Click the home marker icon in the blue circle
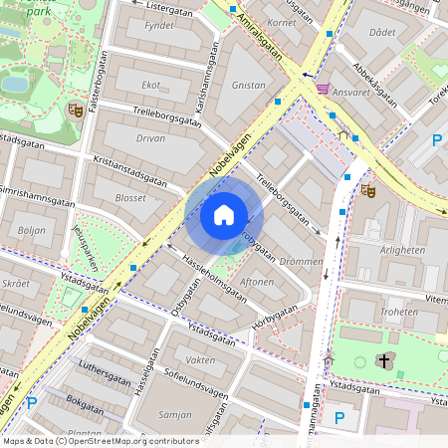[224, 215]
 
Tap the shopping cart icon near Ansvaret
[322, 89]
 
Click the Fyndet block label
[158, 26]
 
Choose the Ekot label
[151, 85]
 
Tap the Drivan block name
[150, 138]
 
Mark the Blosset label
[130, 197]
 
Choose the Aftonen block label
[257, 283]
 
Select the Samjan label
[175, 414]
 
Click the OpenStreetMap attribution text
[101, 440]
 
